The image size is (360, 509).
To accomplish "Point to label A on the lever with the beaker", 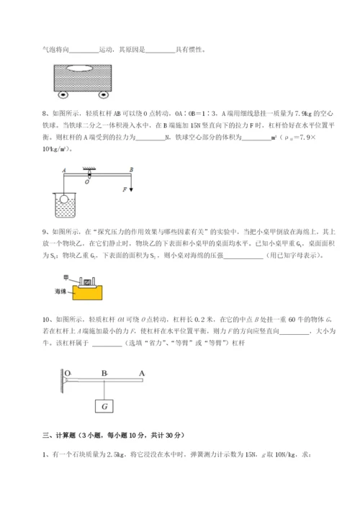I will coord(63,171).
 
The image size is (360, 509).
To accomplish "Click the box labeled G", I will coord(106,407).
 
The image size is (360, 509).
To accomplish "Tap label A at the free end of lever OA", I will coord(142,374).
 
